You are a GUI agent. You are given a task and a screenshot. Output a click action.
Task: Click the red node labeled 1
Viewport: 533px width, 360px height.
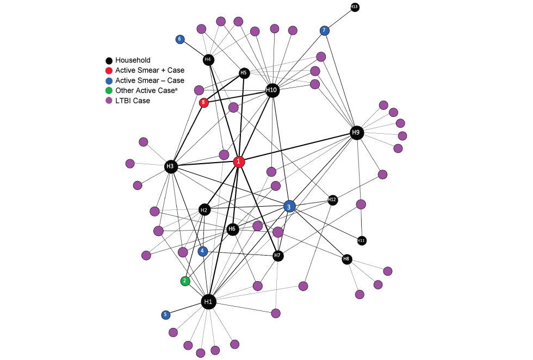point(239,162)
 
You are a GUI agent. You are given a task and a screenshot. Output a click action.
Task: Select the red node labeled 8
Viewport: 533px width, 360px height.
point(204,102)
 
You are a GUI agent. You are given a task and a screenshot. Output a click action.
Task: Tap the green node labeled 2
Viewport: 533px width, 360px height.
point(185,281)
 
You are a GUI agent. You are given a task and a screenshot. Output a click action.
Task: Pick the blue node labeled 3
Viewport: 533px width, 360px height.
point(289,206)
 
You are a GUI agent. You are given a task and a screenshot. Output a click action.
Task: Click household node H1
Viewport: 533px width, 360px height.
point(208,301)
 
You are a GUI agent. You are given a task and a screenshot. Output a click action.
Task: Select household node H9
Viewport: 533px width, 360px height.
point(356,132)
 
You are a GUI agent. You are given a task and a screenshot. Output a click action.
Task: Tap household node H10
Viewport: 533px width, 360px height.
point(272,90)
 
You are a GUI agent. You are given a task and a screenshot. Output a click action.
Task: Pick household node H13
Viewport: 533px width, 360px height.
point(355,7)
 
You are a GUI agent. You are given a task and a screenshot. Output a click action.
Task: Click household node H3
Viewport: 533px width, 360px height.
point(171,166)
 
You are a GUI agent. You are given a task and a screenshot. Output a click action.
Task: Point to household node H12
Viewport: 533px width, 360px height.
point(333,200)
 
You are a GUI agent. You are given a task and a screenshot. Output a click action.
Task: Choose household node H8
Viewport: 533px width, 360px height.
point(347,259)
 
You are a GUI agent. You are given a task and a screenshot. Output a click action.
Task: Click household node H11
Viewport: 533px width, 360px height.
point(362,240)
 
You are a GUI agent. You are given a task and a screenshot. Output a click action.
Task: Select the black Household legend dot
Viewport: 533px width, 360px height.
point(109,60)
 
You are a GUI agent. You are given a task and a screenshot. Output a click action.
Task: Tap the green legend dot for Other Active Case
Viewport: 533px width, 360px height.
point(109,91)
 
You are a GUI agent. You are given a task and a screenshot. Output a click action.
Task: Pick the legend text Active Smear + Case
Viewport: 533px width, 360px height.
point(150,71)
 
